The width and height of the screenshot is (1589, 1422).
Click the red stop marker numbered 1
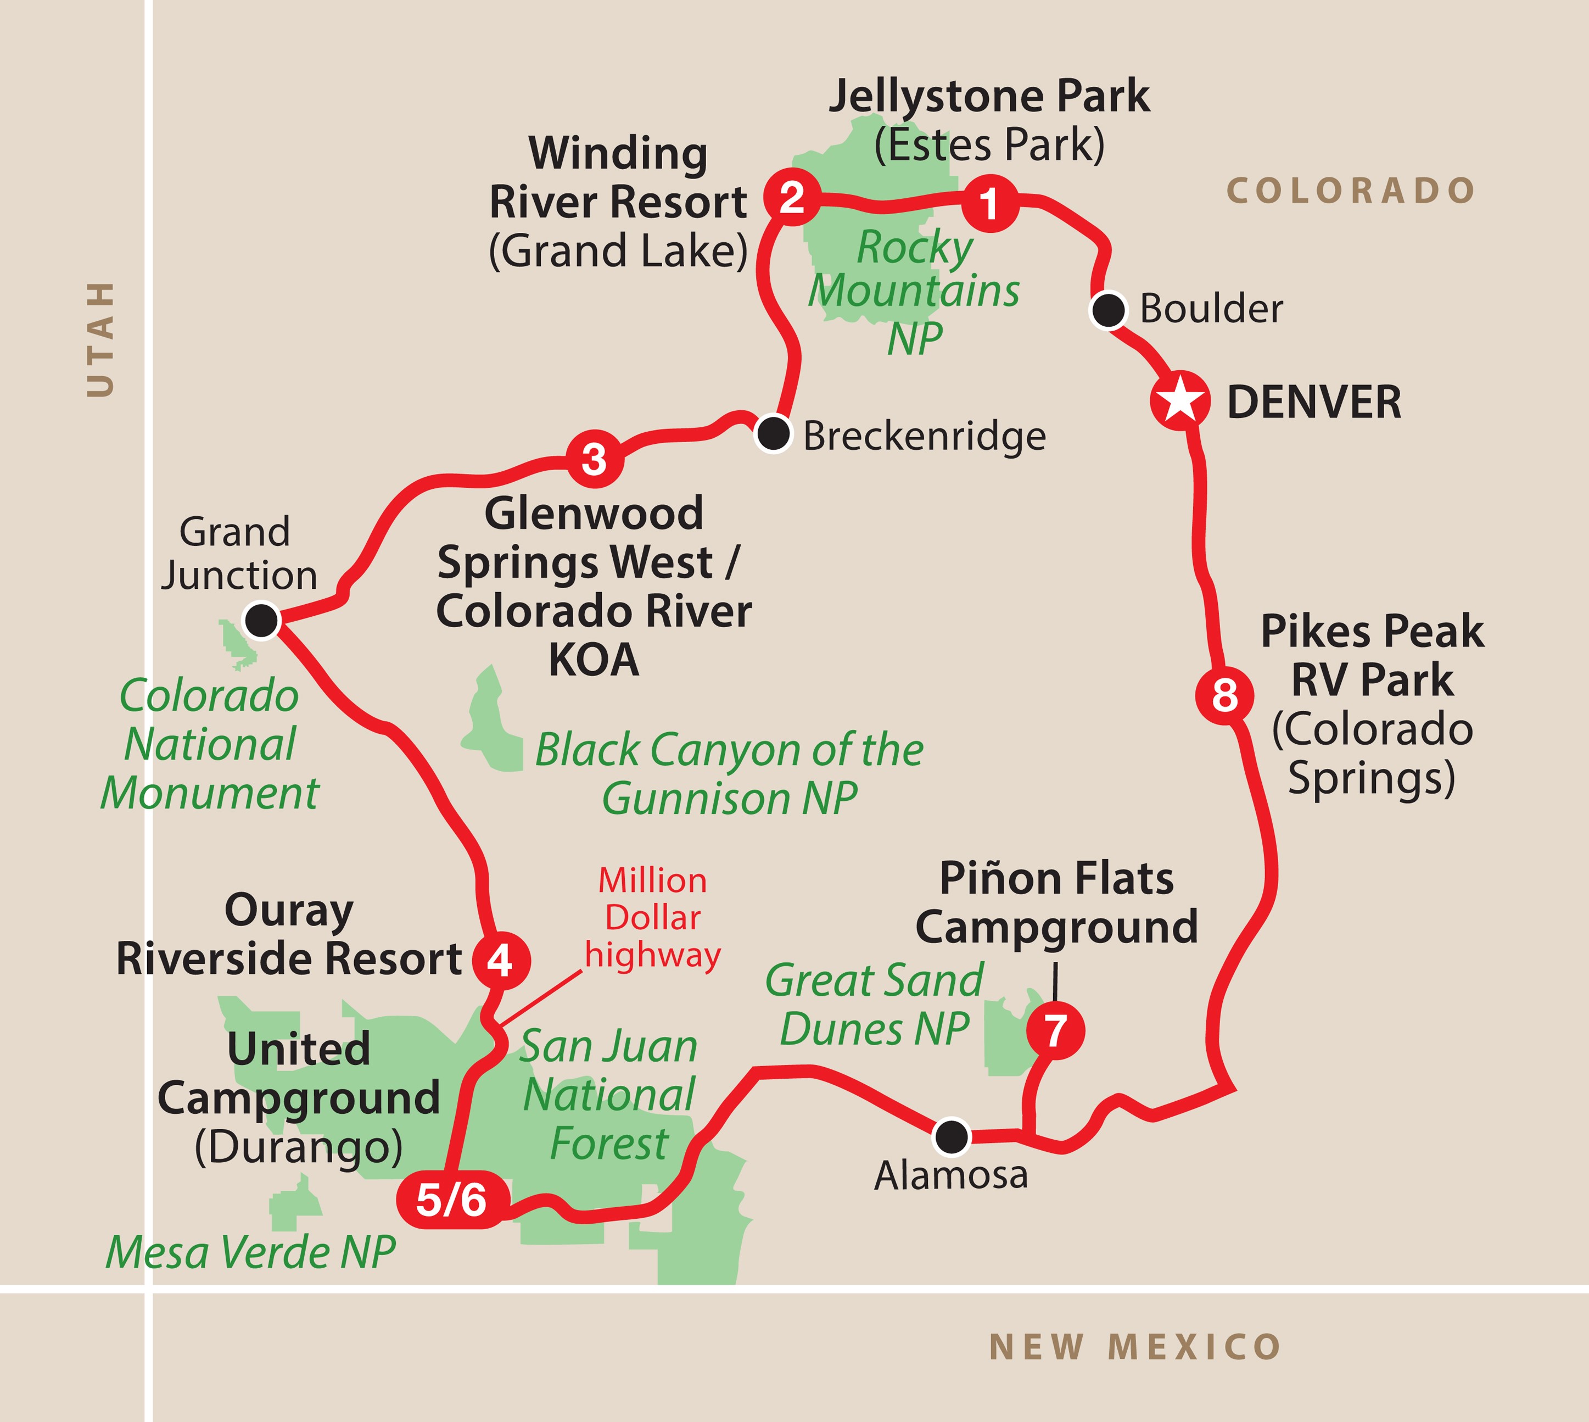click(989, 204)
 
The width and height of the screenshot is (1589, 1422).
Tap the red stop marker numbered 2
click(791, 197)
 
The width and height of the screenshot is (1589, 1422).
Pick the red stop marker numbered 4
click(501, 960)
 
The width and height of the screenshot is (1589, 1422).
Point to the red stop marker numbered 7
click(1055, 1031)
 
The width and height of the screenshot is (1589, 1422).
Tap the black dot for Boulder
click(1108, 310)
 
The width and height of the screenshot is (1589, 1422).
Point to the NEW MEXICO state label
click(1134, 1347)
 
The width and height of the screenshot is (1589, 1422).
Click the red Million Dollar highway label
click(652, 918)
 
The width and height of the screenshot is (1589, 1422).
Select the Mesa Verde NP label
click(250, 1252)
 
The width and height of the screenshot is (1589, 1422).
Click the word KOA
click(594, 661)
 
